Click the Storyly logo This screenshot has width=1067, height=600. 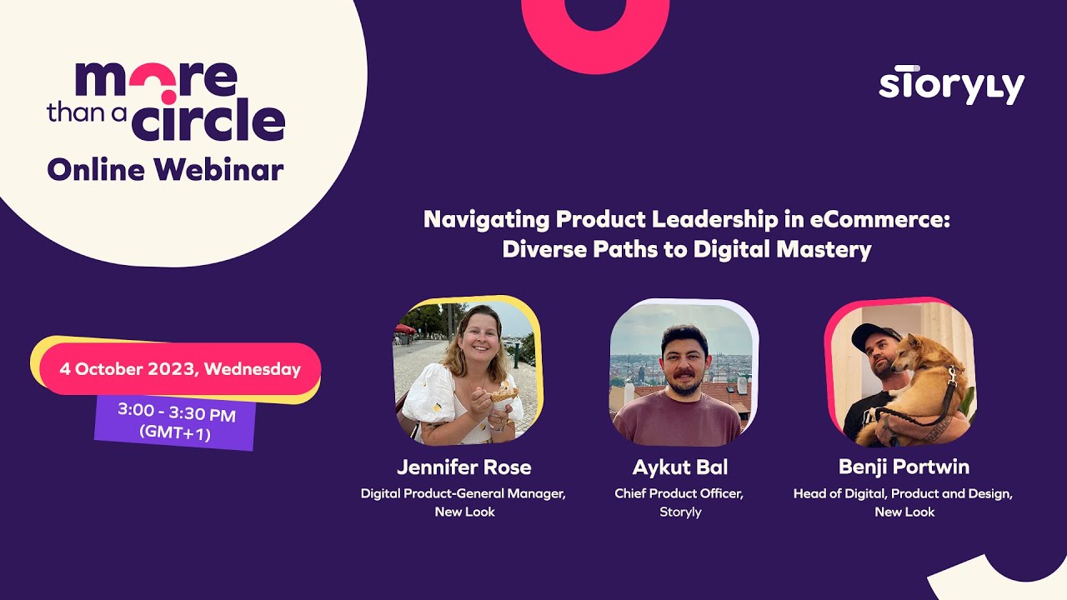coord(951,85)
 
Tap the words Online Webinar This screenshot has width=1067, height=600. coord(165,169)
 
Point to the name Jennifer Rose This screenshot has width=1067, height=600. coord(463,467)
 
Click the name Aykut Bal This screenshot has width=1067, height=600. coord(679,467)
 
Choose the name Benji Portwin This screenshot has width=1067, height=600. coord(904,467)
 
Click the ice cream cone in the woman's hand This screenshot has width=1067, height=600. coord(503,393)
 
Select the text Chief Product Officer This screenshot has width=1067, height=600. coord(679,493)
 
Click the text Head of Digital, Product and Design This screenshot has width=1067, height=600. coord(903,493)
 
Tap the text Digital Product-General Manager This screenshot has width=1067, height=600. coord(463,493)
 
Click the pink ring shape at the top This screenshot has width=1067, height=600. coord(595,29)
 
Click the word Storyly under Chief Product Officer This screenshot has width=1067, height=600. coord(679,512)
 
